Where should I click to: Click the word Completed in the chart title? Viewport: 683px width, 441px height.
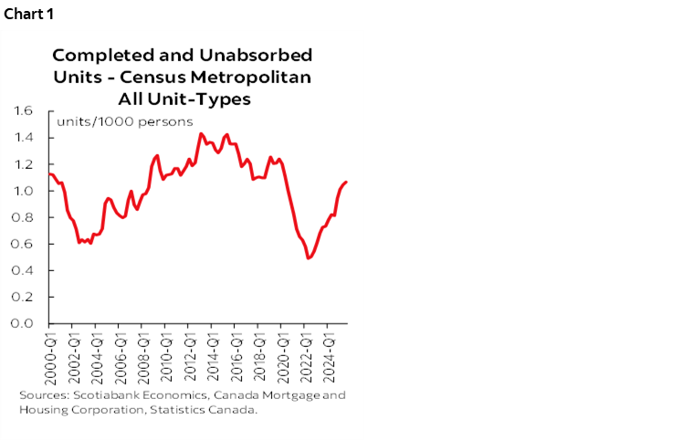coord(92,54)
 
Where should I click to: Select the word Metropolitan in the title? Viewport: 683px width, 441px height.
coord(257,77)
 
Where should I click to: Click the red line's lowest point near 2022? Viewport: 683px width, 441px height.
coord(309,258)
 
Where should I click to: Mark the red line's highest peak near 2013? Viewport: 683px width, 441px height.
coord(201,133)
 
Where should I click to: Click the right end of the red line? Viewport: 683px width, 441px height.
coord(347,182)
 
